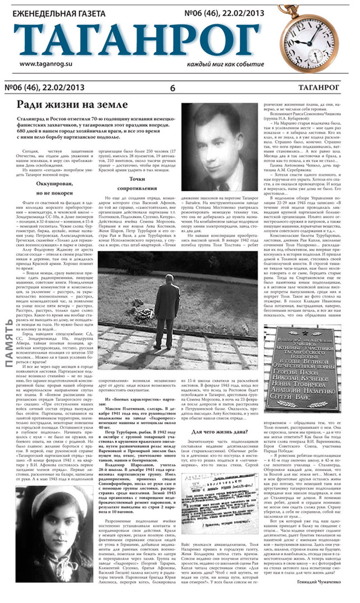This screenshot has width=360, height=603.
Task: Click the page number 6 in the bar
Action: pyautogui.click(x=172, y=87)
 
